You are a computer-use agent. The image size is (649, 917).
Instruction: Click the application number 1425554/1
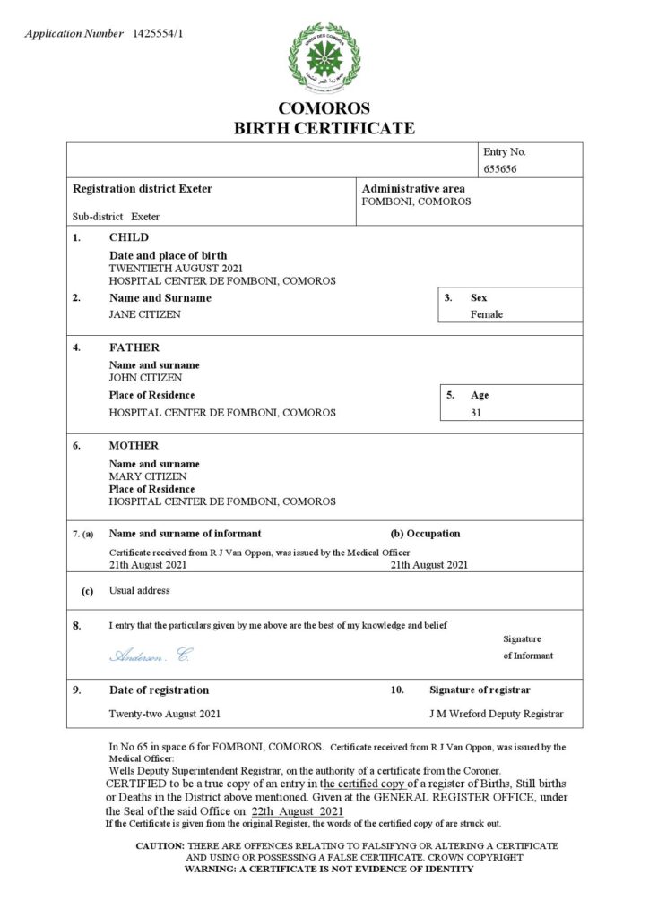click(x=161, y=34)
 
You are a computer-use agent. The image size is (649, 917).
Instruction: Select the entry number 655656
click(x=500, y=168)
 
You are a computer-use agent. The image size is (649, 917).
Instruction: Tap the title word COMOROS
click(x=324, y=108)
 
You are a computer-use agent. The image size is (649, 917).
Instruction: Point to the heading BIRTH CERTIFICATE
click(x=324, y=128)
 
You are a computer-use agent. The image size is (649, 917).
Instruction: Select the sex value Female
click(x=487, y=314)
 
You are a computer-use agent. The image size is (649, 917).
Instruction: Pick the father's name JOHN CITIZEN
click(x=145, y=378)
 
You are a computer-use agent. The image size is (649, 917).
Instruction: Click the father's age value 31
click(x=477, y=413)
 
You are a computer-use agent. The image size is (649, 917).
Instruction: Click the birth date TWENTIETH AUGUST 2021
click(x=176, y=268)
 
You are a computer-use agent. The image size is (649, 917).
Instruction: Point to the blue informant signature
click(x=150, y=656)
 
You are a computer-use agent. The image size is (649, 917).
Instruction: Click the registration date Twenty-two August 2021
click(x=165, y=714)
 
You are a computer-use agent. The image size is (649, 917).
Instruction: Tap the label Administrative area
click(x=413, y=189)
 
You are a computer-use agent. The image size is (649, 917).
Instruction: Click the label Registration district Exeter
click(x=142, y=189)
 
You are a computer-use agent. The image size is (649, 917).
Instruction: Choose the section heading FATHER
click(x=134, y=347)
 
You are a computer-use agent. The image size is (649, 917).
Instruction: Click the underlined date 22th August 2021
click(x=298, y=810)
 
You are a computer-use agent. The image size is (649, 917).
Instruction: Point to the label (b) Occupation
click(x=426, y=534)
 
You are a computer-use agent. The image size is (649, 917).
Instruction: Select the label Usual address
click(x=139, y=591)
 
